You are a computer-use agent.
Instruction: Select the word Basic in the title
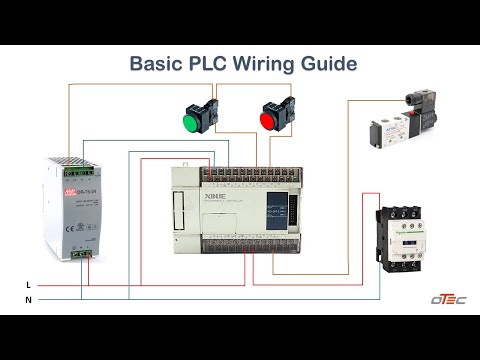[155, 65]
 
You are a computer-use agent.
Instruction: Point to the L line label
[28, 285]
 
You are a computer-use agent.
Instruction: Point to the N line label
[28, 299]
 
